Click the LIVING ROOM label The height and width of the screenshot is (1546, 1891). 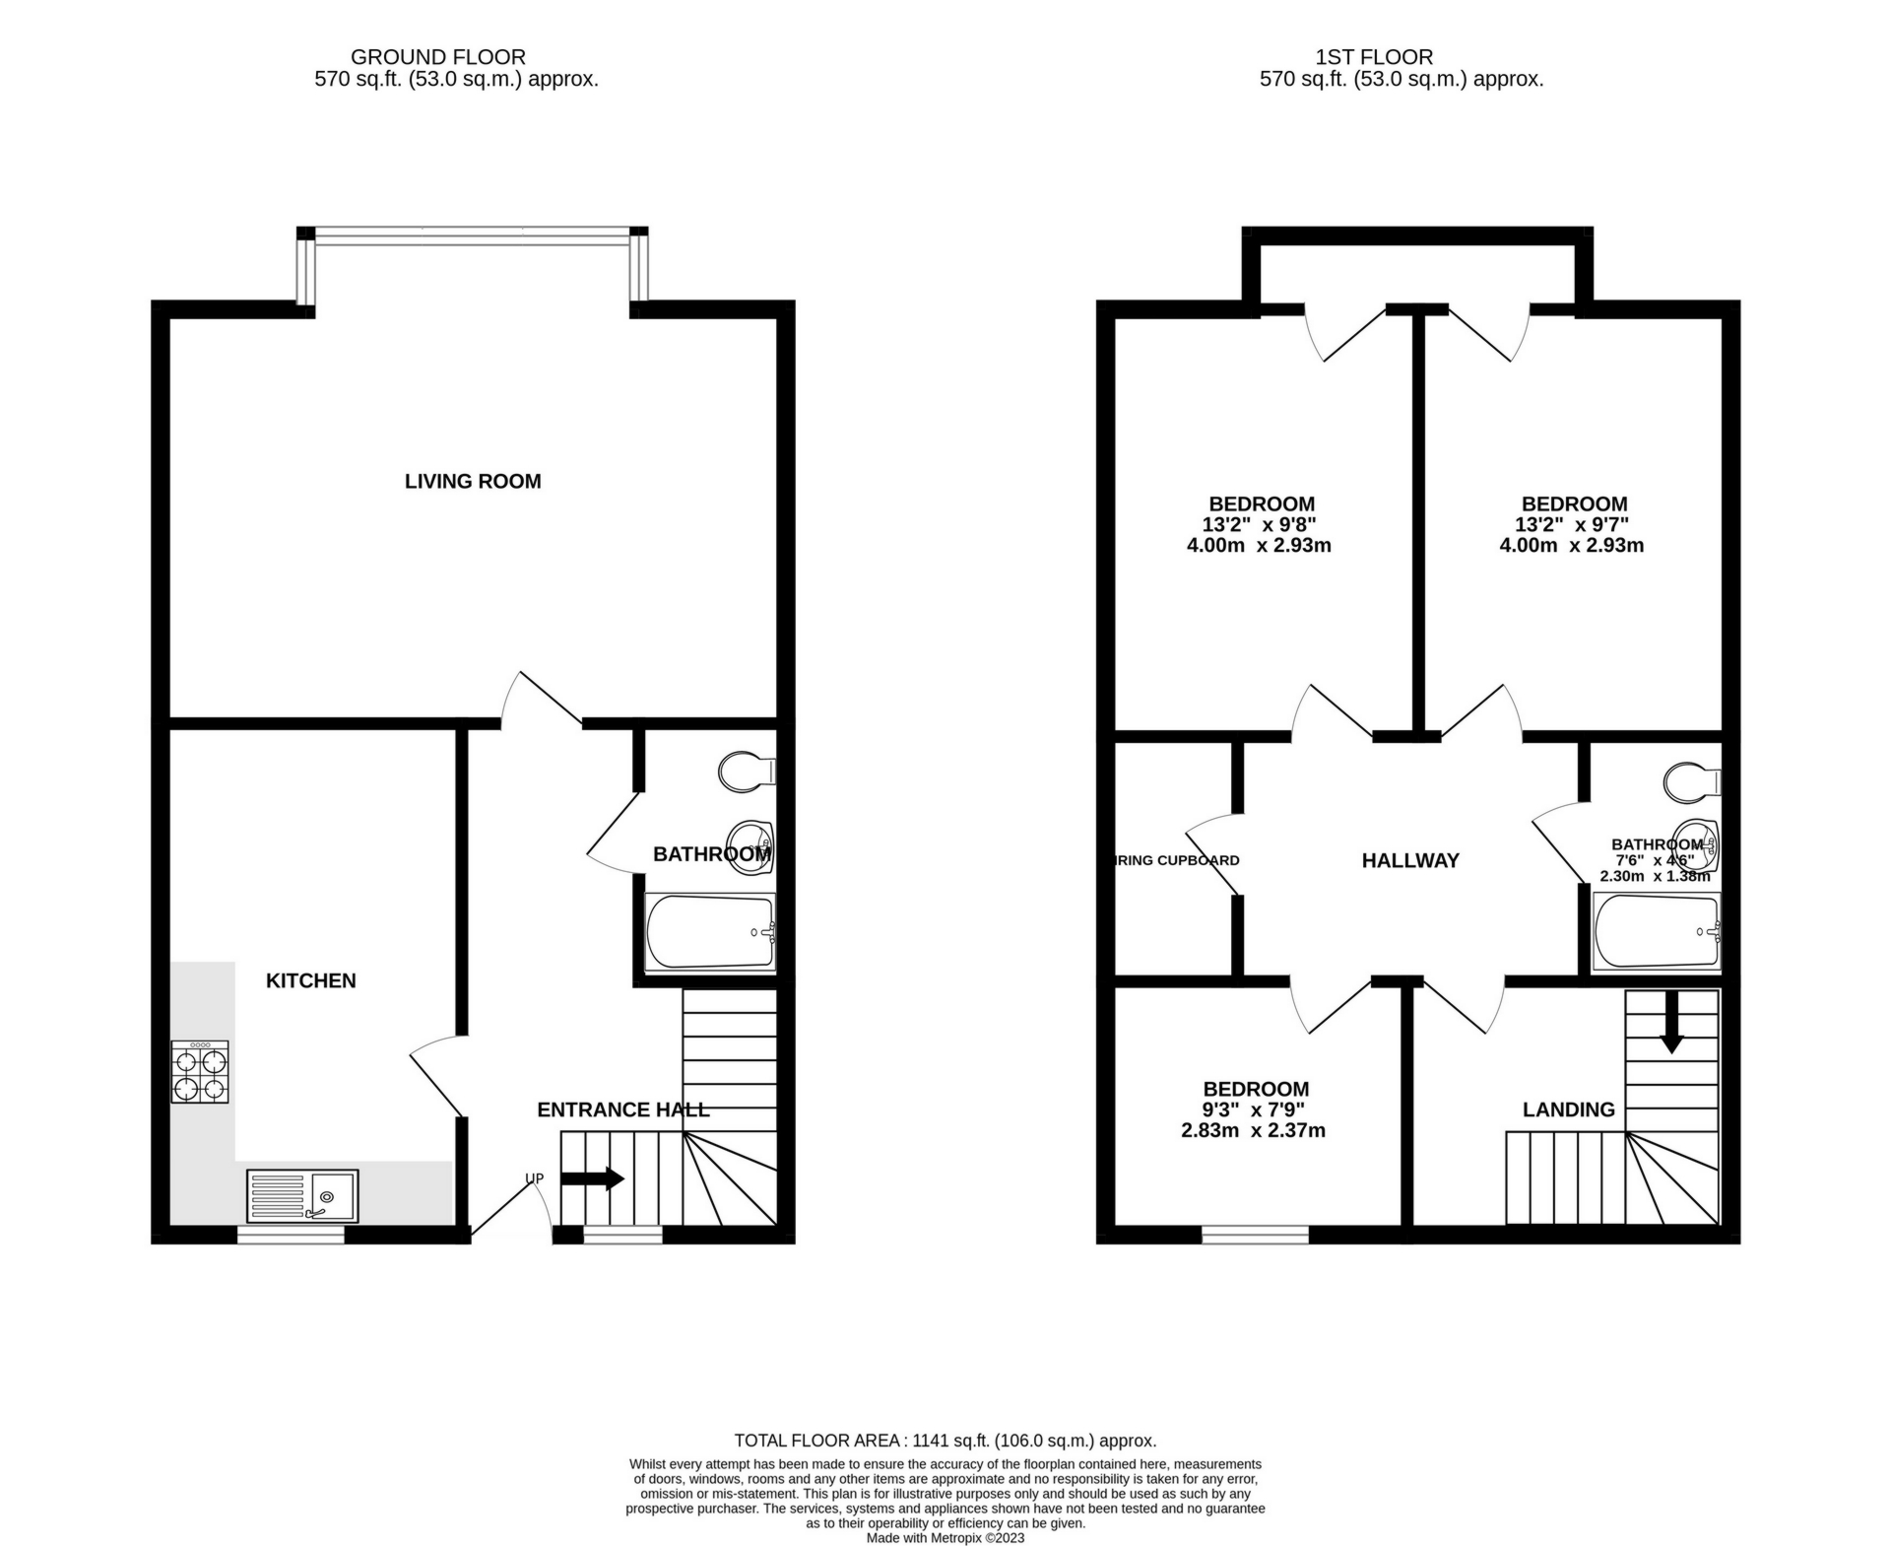[473, 481]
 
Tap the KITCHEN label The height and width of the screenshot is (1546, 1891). [310, 980]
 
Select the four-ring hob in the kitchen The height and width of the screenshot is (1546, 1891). [200, 1072]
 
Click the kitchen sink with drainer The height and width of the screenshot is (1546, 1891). [302, 1195]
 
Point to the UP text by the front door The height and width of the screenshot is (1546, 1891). [534, 1177]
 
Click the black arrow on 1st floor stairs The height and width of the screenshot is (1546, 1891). [1671, 1023]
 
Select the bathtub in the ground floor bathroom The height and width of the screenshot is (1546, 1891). [710, 932]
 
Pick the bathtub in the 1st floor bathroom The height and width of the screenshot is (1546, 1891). [1656, 931]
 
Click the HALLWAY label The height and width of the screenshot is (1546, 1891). [1409, 860]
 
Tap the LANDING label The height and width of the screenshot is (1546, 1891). [1568, 1109]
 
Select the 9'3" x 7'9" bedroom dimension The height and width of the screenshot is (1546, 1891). [1254, 1109]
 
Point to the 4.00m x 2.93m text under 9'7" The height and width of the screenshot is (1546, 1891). [1571, 545]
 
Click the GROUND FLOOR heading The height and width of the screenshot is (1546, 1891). [437, 57]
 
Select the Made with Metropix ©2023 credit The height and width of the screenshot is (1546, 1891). [945, 1537]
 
